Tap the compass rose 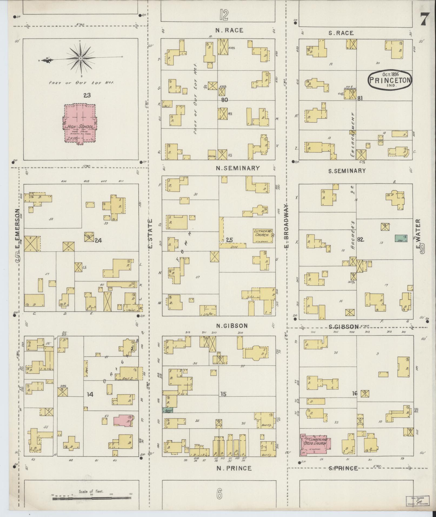point(81,58)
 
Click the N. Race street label point(229,31)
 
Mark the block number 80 point(224,100)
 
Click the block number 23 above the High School point(87,95)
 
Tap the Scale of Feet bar point(92,497)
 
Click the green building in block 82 point(401,238)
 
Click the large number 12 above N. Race point(224,15)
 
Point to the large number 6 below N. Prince point(219,494)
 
